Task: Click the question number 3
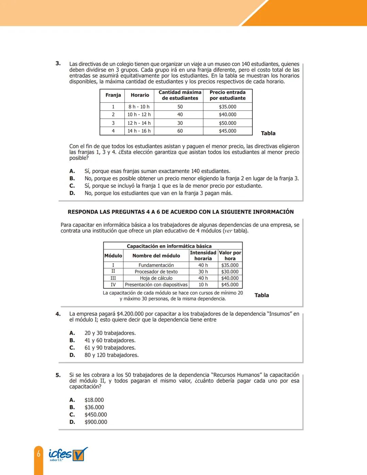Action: click(58, 64)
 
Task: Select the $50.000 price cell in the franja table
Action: click(227, 123)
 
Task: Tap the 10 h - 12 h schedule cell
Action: click(139, 115)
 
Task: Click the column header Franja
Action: click(113, 95)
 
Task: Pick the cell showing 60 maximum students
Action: click(180, 131)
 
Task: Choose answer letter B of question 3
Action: click(72, 179)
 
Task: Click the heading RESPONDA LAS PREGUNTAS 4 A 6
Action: click(180, 212)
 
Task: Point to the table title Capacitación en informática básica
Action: click(169, 246)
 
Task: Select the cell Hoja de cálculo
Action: click(156, 278)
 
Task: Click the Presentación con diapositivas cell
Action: click(156, 285)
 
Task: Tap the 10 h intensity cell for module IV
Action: click(203, 285)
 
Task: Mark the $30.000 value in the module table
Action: click(230, 272)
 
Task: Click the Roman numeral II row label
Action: click(113, 271)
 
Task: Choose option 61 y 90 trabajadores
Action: click(110, 348)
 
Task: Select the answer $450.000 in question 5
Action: click(95, 415)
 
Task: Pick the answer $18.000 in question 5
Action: click(94, 400)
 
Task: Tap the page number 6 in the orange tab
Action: click(39, 454)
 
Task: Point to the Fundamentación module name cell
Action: click(156, 265)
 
